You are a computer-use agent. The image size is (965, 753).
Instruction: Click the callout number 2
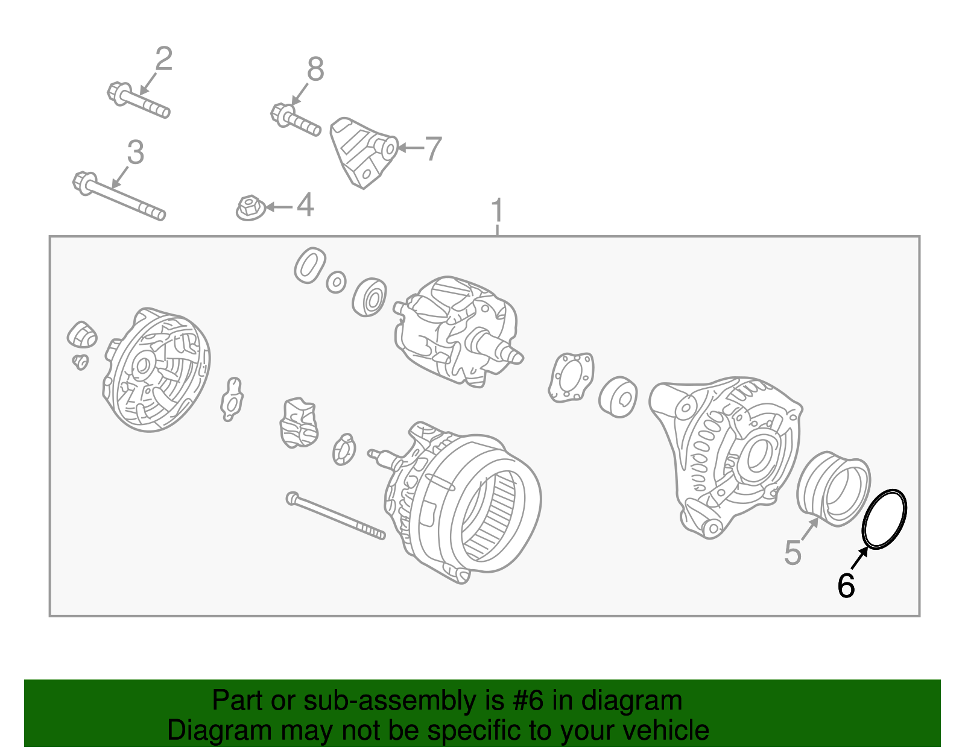tap(164, 59)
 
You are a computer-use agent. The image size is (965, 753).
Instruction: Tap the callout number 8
tap(316, 69)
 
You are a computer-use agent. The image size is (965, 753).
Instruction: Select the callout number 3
tap(136, 152)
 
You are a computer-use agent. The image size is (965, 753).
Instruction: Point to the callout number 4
tap(305, 205)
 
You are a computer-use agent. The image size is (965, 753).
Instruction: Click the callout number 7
tap(434, 149)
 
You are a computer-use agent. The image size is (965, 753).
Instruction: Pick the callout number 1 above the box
tap(498, 210)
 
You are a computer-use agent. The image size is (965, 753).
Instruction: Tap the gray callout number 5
tap(793, 553)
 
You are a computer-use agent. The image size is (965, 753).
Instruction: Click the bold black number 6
tap(846, 585)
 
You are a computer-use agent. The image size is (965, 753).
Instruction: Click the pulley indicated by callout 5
tap(833, 489)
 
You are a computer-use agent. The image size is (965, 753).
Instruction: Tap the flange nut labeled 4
tap(250, 208)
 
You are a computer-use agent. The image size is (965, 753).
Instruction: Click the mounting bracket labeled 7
tap(364, 153)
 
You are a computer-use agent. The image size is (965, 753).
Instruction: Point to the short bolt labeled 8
tap(296, 119)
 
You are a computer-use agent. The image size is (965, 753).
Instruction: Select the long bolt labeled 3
tap(119, 196)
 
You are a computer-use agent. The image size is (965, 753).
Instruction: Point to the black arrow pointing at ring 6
tap(859, 558)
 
